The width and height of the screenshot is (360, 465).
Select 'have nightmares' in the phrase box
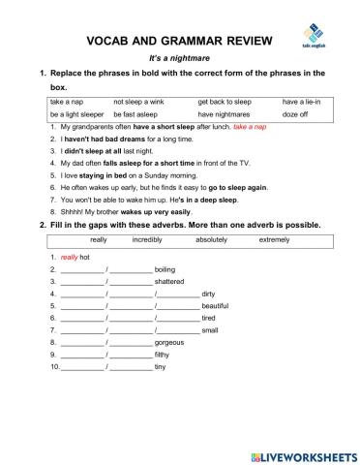click(x=225, y=114)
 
